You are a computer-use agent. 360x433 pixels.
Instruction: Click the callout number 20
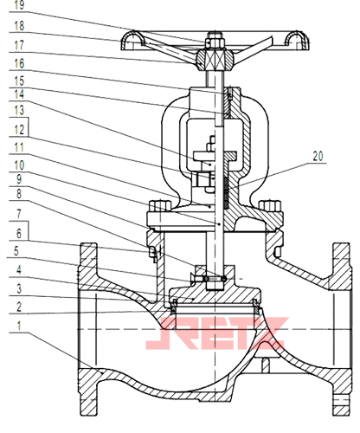click(318, 156)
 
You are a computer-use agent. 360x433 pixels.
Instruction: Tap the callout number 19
click(19, 5)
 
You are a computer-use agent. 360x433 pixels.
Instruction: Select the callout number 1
click(19, 326)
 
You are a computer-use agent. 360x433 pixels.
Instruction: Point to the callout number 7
click(19, 214)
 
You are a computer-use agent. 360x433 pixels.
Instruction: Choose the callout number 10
click(19, 165)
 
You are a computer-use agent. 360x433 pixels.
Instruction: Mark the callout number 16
click(19, 64)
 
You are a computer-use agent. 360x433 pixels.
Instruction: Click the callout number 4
click(19, 270)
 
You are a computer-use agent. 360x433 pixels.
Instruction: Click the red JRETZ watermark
click(217, 333)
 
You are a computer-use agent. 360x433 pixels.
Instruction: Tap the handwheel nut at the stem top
click(215, 42)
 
